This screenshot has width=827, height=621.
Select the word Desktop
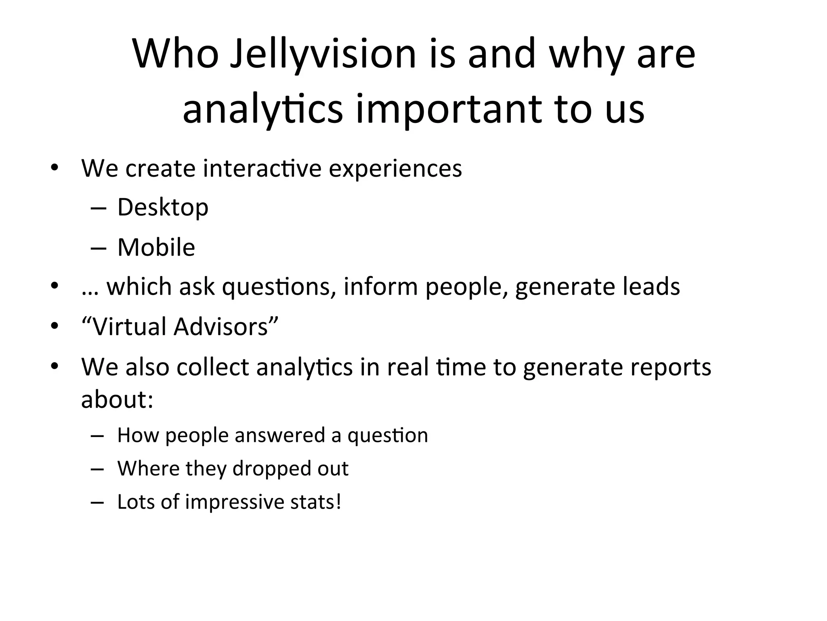(163, 207)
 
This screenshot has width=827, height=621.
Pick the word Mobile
(156, 247)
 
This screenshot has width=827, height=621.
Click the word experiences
(395, 169)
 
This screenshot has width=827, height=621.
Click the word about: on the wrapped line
(117, 399)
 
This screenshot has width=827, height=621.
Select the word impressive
(235, 502)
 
